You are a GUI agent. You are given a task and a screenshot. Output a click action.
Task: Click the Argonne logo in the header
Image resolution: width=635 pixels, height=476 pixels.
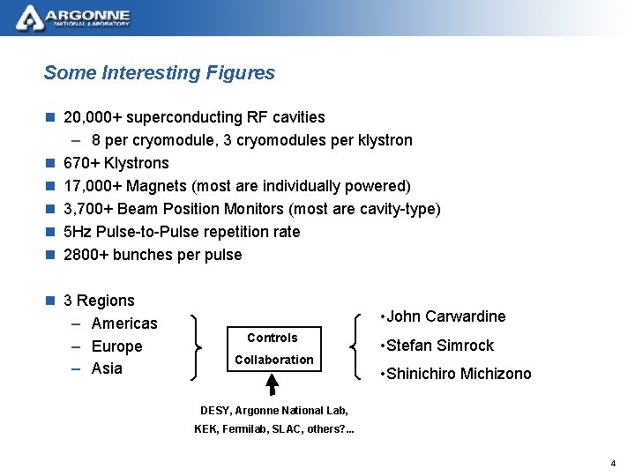click(x=74, y=17)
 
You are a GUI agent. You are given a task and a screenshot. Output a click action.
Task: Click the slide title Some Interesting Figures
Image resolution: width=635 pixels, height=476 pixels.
click(x=159, y=73)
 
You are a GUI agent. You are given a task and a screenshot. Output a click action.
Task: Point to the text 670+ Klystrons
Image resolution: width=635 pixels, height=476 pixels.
click(x=116, y=163)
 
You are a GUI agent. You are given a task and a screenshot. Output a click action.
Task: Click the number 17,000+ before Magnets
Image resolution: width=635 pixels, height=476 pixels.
click(x=93, y=186)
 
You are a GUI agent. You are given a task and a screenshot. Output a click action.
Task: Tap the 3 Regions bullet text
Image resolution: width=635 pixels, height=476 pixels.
click(x=100, y=301)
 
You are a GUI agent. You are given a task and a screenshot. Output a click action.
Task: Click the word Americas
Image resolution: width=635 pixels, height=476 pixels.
click(x=124, y=324)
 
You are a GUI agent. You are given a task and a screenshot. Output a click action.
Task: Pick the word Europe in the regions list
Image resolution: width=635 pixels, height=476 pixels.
click(x=116, y=346)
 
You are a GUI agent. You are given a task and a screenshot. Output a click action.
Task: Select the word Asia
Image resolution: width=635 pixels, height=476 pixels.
click(x=107, y=368)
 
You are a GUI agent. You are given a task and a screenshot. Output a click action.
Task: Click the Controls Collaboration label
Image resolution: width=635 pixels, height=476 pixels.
click(x=273, y=349)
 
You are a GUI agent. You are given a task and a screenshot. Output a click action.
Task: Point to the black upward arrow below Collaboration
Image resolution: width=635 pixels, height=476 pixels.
click(x=273, y=384)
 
